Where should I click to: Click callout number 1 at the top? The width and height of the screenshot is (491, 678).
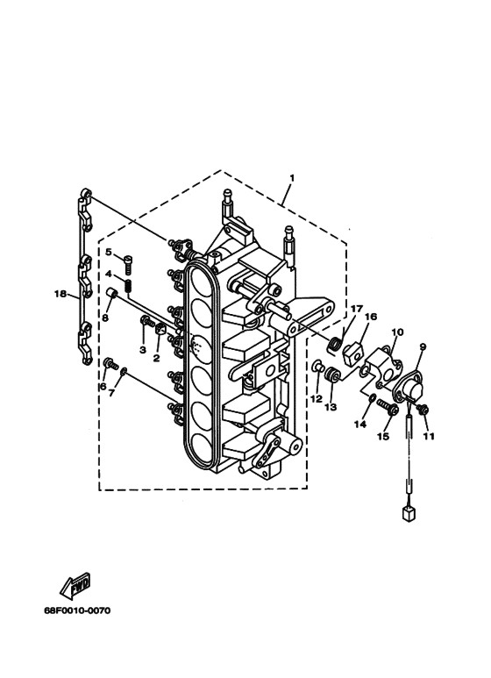pyautogui.click(x=292, y=178)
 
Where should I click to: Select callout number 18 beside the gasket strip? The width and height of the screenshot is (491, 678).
pyautogui.click(x=60, y=294)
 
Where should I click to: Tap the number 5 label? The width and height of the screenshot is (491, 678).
pyautogui.click(x=108, y=252)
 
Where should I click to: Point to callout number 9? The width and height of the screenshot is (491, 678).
pyautogui.click(x=423, y=346)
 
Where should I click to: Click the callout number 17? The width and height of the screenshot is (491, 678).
pyautogui.click(x=356, y=309)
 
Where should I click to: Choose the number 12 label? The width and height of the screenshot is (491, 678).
pyautogui.click(x=317, y=398)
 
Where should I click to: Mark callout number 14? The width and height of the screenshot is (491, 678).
pyautogui.click(x=360, y=425)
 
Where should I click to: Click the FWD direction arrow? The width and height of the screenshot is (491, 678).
pyautogui.click(x=75, y=586)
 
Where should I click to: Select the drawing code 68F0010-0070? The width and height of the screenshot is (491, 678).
pyautogui.click(x=77, y=610)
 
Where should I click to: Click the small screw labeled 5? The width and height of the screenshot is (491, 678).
pyautogui.click(x=128, y=263)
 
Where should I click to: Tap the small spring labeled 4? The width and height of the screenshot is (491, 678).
pyautogui.click(x=128, y=286)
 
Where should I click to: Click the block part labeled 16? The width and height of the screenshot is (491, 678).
pyautogui.click(x=352, y=352)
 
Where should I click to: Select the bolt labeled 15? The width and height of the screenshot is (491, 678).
pyautogui.click(x=386, y=407)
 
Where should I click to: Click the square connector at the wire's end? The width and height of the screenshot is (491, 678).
pyautogui.click(x=408, y=513)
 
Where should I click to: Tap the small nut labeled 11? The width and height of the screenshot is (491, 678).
pyautogui.click(x=423, y=409)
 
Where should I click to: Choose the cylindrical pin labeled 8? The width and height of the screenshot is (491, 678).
pyautogui.click(x=113, y=294)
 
